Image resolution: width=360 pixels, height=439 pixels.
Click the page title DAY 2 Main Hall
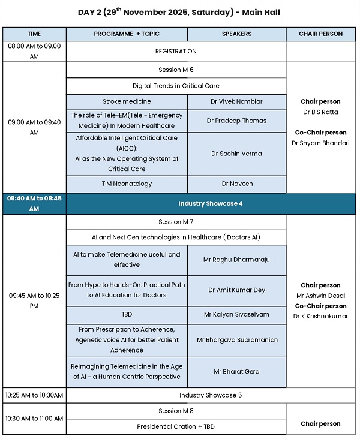(x=179, y=12)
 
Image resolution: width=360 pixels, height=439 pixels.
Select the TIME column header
(x=34, y=34)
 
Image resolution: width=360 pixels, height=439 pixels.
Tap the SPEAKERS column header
(x=236, y=34)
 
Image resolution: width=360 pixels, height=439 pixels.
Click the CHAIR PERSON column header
(x=320, y=34)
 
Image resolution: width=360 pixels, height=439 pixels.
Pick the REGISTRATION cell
(x=176, y=52)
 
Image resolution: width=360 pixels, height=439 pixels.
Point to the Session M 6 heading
(x=176, y=70)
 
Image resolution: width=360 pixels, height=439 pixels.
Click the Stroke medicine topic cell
(x=127, y=102)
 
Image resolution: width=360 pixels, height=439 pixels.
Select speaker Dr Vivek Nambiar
(x=236, y=102)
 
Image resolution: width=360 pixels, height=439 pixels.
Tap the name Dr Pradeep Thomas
(x=236, y=121)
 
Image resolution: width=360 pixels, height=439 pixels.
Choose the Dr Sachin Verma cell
(x=236, y=154)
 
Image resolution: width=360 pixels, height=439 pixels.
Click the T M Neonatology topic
(x=127, y=184)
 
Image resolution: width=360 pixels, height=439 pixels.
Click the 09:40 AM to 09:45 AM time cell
(x=34, y=203)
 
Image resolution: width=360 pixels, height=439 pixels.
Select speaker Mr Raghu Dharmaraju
(x=236, y=260)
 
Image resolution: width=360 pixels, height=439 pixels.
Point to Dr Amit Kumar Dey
(x=236, y=290)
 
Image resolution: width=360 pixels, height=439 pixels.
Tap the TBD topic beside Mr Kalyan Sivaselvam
(x=127, y=314)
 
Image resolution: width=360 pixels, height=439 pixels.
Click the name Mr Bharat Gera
(x=236, y=372)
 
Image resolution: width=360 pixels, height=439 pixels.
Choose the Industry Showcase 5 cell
(x=210, y=395)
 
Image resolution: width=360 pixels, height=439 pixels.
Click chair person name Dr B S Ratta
(x=320, y=112)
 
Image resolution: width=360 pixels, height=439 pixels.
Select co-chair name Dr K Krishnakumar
(x=320, y=316)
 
